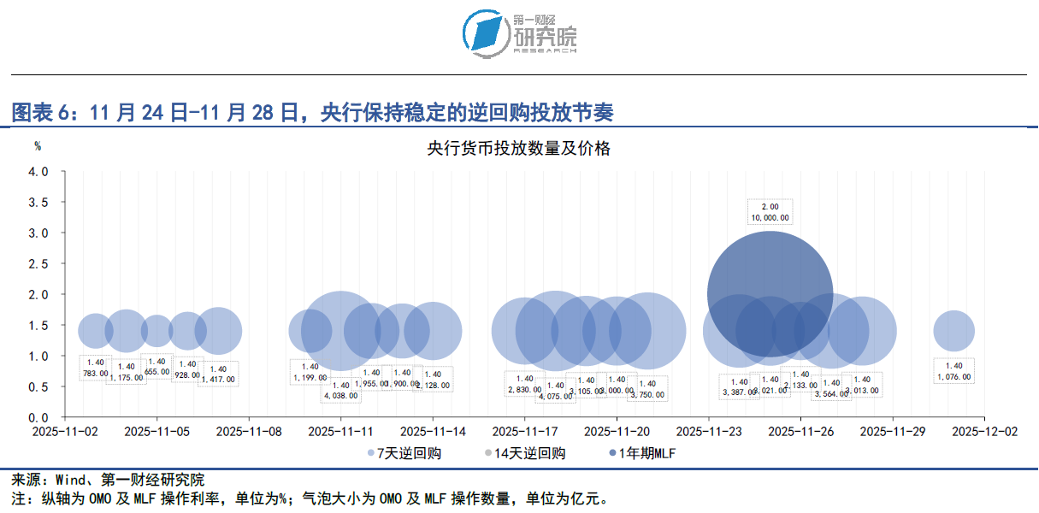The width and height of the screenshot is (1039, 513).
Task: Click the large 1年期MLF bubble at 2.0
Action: click(x=770, y=293)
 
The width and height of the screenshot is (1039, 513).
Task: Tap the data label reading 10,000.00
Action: click(x=770, y=217)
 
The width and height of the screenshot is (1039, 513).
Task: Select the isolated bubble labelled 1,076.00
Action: click(x=953, y=331)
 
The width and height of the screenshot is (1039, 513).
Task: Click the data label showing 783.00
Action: click(x=96, y=373)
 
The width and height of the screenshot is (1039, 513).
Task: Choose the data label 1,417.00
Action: click(x=218, y=378)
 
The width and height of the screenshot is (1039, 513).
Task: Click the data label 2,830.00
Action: click(x=524, y=390)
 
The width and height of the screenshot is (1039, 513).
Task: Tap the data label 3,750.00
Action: click(x=647, y=395)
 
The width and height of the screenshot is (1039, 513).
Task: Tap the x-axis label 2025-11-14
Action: click(x=433, y=433)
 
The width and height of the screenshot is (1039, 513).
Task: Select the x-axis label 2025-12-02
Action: click(x=984, y=433)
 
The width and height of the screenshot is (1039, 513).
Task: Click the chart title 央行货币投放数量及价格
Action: click(x=518, y=148)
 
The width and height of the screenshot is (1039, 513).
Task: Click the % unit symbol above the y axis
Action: click(x=38, y=146)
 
